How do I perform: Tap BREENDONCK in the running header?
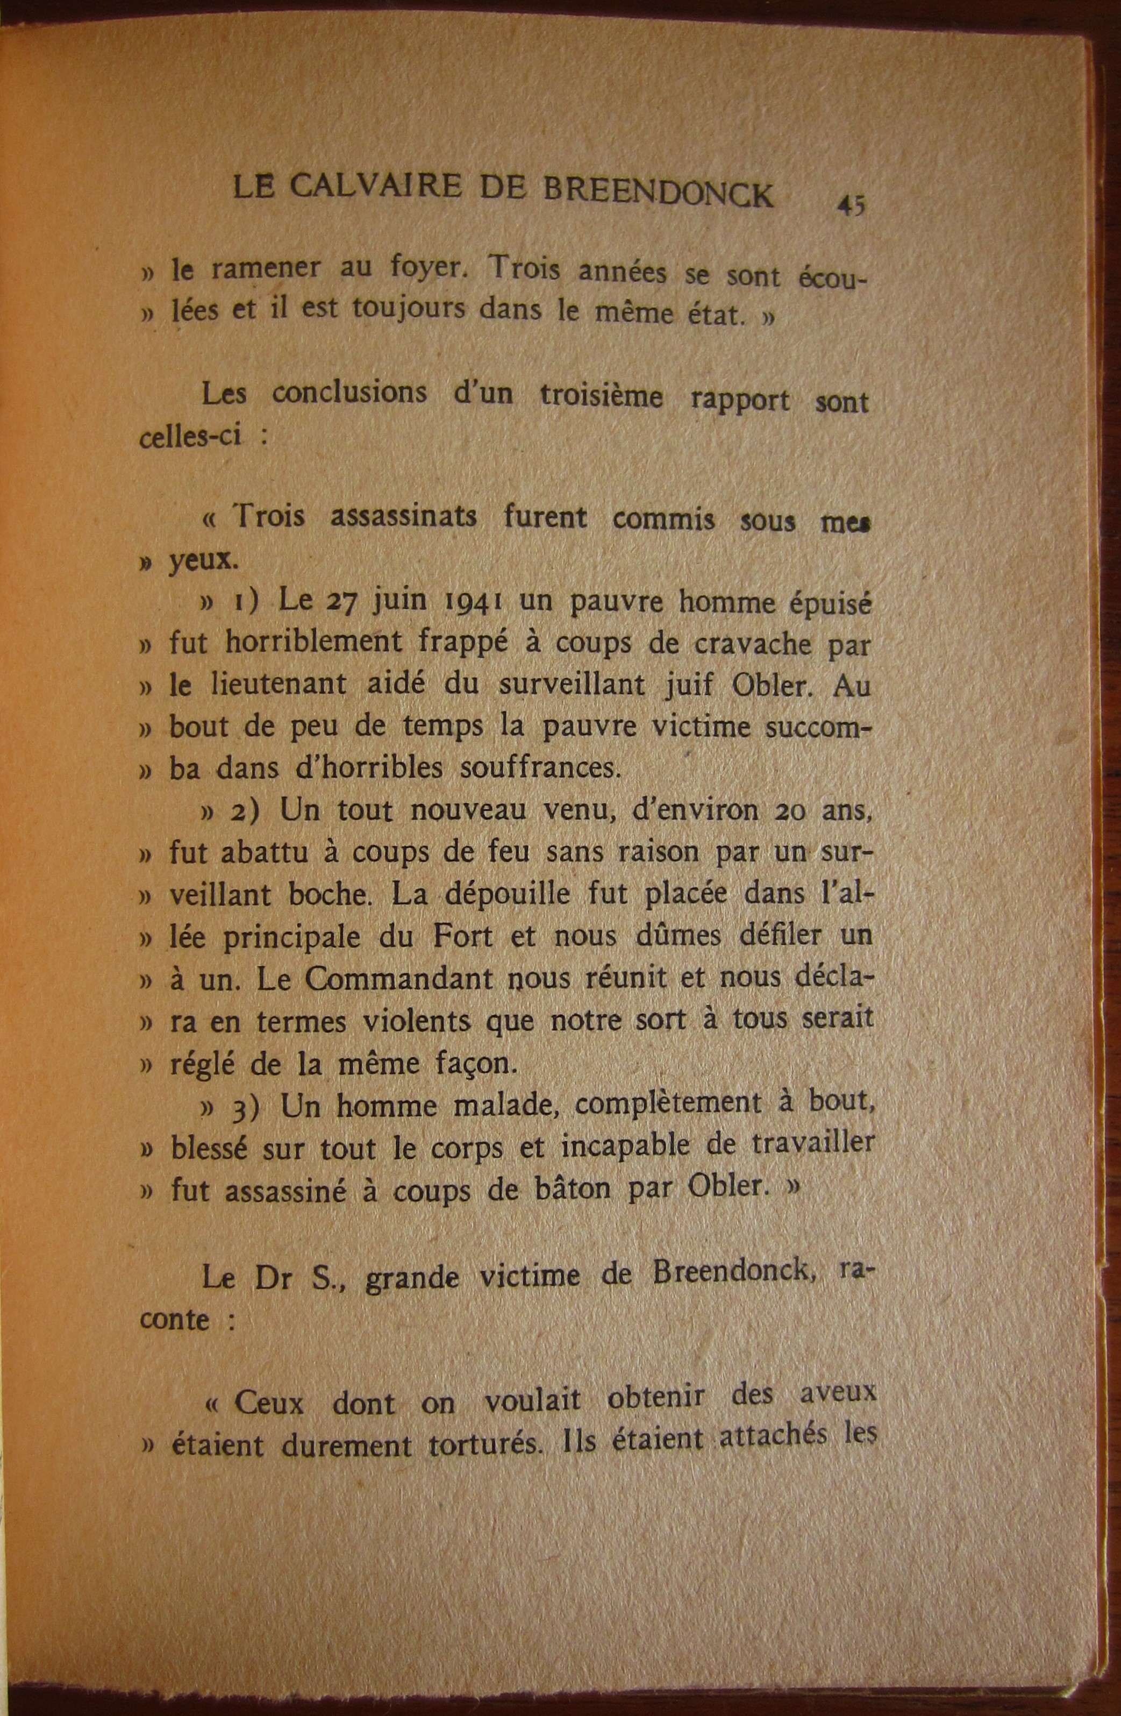[x=658, y=193]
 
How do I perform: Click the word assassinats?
[x=403, y=518]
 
